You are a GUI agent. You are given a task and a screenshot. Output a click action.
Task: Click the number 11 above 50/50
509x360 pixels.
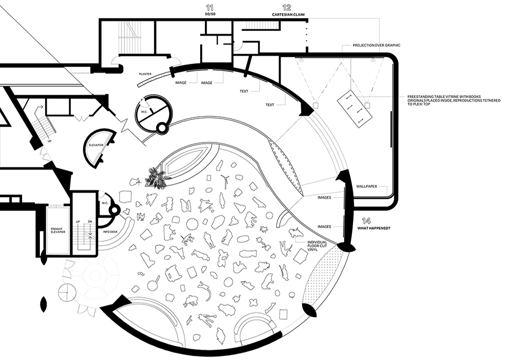tap(210, 7)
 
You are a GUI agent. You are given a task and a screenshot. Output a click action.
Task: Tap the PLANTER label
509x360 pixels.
tap(146, 74)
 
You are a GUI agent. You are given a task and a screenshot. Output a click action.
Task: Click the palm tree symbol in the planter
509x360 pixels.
tap(156, 178)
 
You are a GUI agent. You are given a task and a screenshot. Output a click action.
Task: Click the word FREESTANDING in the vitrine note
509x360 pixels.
tap(420, 97)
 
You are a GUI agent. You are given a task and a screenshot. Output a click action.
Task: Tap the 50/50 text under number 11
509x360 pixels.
tap(210, 15)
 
